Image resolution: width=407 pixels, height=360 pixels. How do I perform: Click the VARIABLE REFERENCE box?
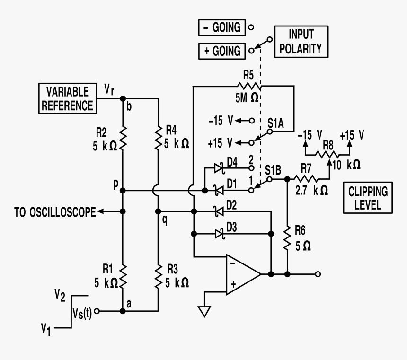(67, 99)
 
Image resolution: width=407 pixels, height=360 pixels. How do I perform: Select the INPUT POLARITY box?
(301, 41)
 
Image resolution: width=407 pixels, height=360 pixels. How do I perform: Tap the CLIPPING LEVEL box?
(368, 199)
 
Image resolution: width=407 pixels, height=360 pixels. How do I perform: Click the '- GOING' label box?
(221, 27)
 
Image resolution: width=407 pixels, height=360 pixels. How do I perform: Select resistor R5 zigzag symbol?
(248, 86)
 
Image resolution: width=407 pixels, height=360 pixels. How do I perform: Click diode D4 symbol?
(219, 167)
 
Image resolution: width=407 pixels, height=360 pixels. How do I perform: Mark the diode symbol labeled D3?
(219, 233)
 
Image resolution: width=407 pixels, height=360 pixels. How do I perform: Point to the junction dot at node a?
(123, 311)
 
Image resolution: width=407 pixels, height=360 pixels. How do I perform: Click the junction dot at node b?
(123, 98)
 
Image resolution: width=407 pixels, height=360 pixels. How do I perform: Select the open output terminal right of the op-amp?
(318, 274)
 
